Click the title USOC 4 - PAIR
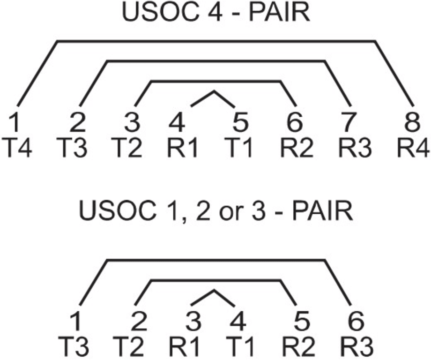pos(215,13)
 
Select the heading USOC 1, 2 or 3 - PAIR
pos(215,211)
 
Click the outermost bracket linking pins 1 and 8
pos(215,41)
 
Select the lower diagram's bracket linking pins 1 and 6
pos(215,259)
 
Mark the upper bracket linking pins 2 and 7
pos(215,61)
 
